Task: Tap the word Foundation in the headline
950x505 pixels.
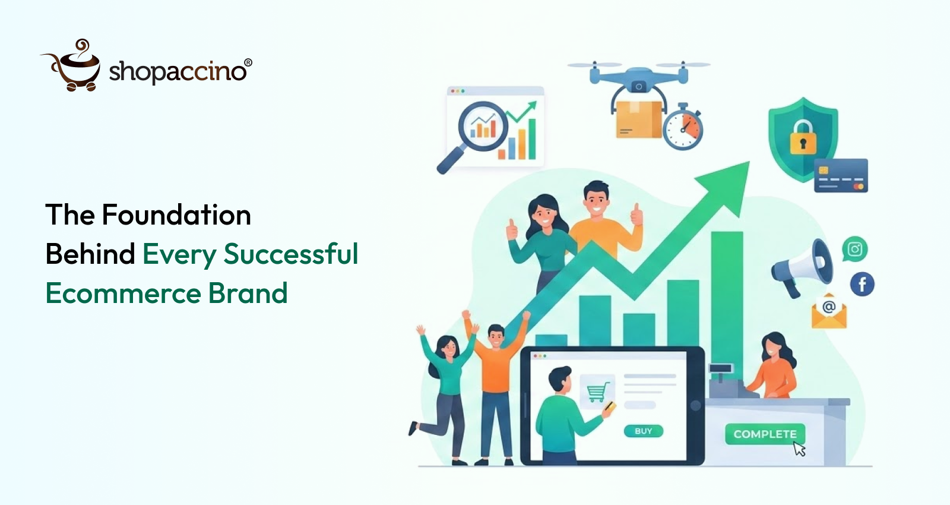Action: click(176, 214)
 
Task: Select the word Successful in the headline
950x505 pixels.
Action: click(291, 254)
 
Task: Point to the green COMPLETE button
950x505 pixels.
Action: click(764, 434)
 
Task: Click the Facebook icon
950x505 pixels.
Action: click(862, 284)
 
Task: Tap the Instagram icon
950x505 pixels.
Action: click(854, 249)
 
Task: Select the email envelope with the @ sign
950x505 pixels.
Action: click(829, 311)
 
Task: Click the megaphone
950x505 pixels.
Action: click(803, 266)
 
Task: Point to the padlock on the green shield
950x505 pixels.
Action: click(803, 138)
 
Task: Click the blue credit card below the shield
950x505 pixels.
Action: click(841, 175)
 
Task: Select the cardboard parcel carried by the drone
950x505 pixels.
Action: click(638, 119)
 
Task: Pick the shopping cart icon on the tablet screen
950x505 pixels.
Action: click(597, 392)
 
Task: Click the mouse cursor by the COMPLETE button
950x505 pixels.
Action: click(799, 449)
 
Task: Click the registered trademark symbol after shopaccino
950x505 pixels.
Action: click(248, 62)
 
